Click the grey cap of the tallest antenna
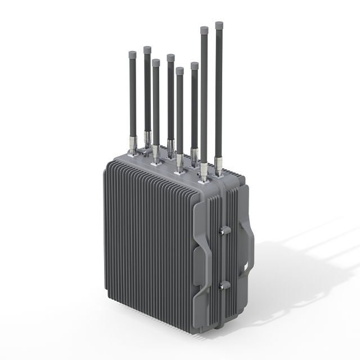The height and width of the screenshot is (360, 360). (219, 25)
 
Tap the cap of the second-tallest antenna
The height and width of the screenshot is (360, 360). (204, 29)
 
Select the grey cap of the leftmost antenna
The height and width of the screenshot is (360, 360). (132, 55)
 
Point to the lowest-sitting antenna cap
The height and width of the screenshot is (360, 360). (179, 71)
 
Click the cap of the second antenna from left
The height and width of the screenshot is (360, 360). (147, 50)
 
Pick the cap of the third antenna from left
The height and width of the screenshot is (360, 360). (156, 63)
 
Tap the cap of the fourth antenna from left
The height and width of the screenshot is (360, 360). (170, 57)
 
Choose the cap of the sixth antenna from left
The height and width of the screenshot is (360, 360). (195, 66)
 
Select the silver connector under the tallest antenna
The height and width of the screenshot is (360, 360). (218, 164)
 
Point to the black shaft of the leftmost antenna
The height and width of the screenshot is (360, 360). (132, 96)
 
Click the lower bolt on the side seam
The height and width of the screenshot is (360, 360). (223, 285)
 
